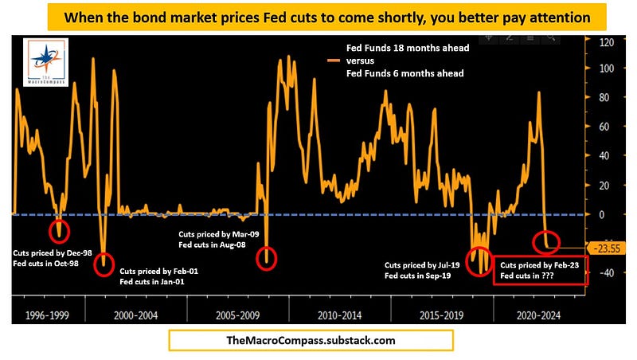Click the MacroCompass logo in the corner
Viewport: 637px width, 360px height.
[46, 62]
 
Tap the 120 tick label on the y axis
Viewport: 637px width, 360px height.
[606, 42]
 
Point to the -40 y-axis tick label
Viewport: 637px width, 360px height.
[605, 272]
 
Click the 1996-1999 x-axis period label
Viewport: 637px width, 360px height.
[47, 315]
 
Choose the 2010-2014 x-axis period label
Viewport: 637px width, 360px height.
[340, 315]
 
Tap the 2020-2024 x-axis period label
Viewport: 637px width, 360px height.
[538, 315]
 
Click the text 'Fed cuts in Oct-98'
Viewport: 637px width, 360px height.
[45, 264]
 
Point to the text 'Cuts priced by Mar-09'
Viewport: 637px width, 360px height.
[218, 234]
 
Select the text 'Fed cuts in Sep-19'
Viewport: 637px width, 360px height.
[417, 276]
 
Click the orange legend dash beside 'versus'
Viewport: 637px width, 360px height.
[334, 61]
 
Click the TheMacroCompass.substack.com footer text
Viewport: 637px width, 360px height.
[311, 341]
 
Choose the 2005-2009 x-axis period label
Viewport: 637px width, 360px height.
[237, 315]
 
